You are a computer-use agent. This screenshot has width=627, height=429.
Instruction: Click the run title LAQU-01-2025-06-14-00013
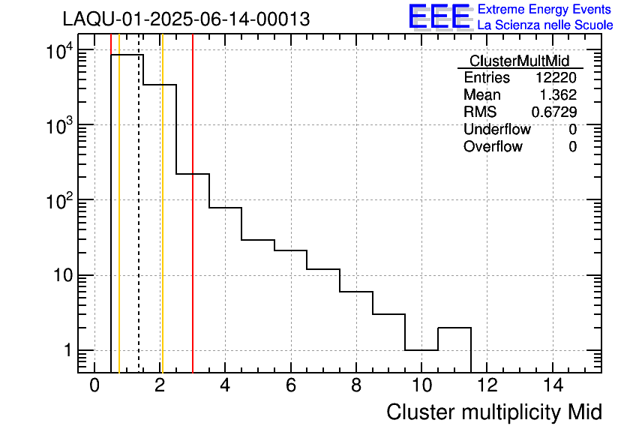pos(186,19)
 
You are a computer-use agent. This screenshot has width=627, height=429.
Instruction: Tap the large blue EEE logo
pos(439,16)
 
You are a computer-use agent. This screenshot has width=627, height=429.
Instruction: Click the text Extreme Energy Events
pos(544,10)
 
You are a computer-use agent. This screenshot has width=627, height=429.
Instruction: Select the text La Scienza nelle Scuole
pos(544,25)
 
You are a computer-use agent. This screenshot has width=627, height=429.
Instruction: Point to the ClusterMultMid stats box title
pos(519,61)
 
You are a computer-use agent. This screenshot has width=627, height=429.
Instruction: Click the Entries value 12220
pos(556,78)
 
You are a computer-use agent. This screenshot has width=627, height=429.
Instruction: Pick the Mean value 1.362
pos(558,95)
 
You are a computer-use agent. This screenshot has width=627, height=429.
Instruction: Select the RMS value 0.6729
pos(553,112)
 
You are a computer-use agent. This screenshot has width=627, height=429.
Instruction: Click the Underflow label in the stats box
pos(496,130)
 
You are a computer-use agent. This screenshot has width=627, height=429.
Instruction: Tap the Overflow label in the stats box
pos(493,147)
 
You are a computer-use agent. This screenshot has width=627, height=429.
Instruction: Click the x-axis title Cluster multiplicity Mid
pos(493,412)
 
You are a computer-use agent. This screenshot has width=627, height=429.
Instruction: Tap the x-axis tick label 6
pos(290,385)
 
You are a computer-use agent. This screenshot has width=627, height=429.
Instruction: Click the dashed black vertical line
pos(139,225)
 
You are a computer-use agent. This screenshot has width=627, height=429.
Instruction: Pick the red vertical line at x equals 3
pos(193,262)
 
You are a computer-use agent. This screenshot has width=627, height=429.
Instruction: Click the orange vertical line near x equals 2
pos(162,225)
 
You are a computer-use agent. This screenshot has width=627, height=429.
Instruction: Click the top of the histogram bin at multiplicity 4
pos(225,208)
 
